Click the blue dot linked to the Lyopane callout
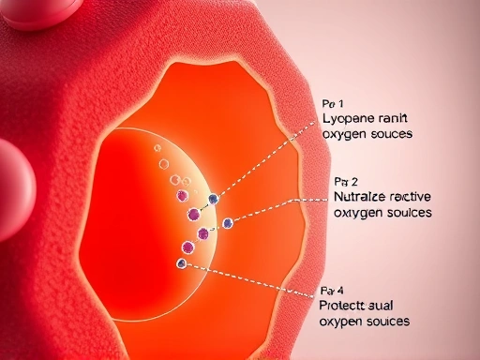[x=214, y=199]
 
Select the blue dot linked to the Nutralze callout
[x=227, y=222]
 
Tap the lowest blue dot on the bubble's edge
[x=182, y=263]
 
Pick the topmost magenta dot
[x=181, y=196]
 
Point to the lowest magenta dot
[x=187, y=247]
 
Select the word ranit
[x=392, y=119]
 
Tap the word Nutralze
[x=361, y=197]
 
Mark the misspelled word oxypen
[x=341, y=322]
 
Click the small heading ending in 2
[x=345, y=180]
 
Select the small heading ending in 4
[x=332, y=289]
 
